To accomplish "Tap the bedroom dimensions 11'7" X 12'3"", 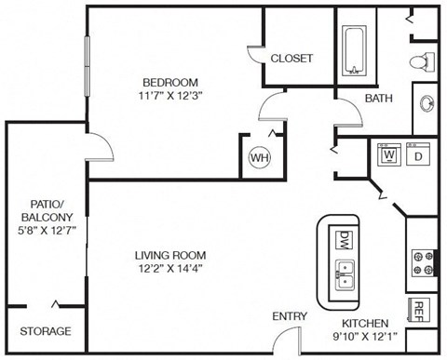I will tap(169, 93).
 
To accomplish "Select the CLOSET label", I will tap(291, 58).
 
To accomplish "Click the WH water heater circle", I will tap(258, 157).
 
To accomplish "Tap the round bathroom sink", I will tap(429, 101).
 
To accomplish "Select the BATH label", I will tap(378, 98).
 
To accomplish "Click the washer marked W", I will tap(388, 154).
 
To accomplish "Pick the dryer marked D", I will tap(418, 154).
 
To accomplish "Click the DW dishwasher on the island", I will tap(345, 239).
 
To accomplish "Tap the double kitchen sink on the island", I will tap(345, 273).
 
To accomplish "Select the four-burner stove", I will tap(421, 262).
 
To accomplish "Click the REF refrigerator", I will tap(420, 311).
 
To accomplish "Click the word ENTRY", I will tap(290, 316).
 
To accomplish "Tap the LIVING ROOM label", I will tap(169, 255).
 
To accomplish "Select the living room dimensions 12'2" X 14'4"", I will tap(169, 270).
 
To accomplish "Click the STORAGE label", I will tap(45, 331).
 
